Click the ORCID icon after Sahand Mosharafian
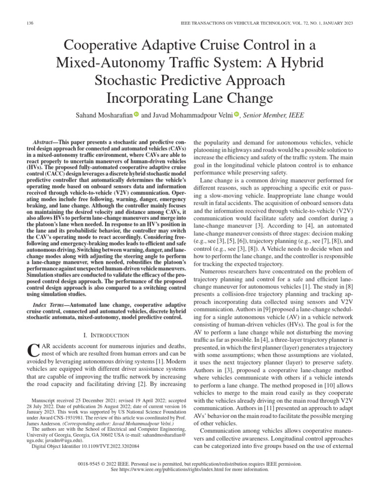136,114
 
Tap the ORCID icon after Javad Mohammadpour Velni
236,114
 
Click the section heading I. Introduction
107,335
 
